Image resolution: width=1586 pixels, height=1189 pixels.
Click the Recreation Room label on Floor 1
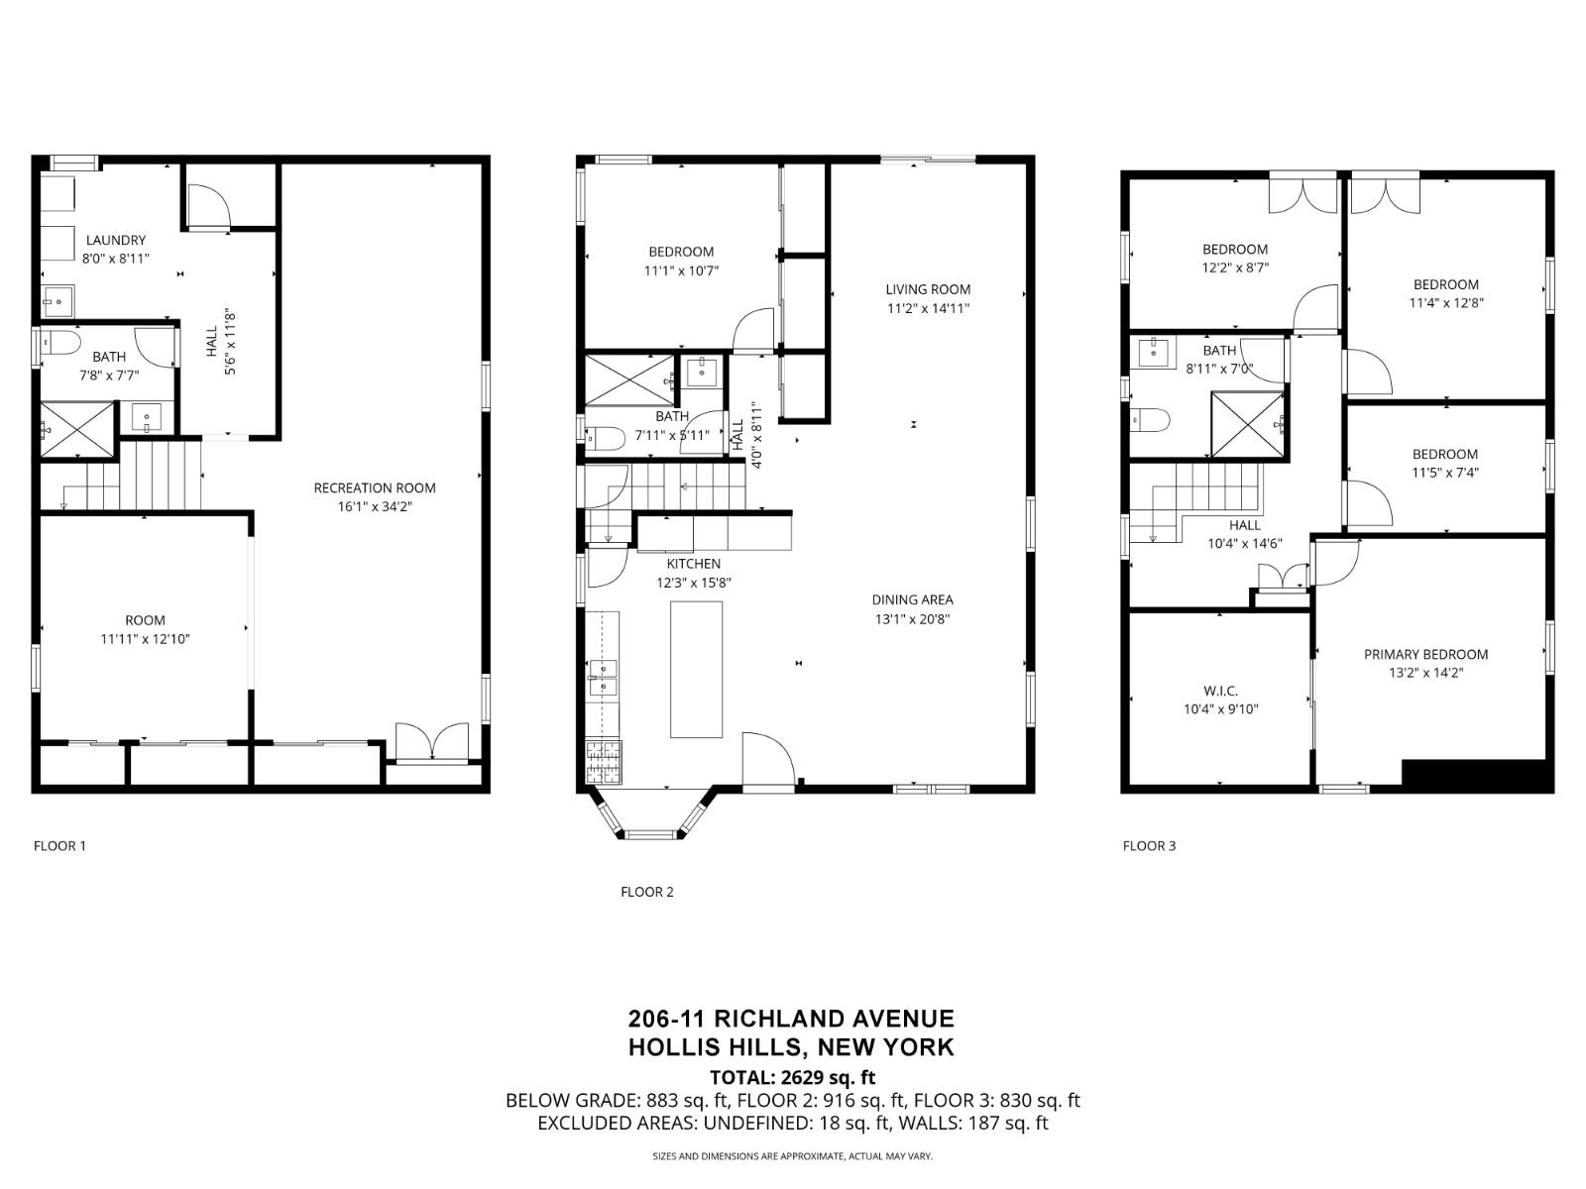click(x=375, y=487)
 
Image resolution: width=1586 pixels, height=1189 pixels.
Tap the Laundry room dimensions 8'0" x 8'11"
click(x=115, y=259)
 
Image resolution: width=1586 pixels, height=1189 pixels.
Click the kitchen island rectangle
click(x=696, y=669)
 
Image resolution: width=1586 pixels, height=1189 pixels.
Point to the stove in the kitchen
click(x=602, y=761)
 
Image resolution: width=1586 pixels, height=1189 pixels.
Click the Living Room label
click(x=928, y=289)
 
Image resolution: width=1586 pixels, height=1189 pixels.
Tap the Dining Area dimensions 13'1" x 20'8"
click(x=912, y=619)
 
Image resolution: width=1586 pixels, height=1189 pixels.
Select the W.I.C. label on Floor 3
click(x=1220, y=691)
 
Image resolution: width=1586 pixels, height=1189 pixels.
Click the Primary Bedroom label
click(x=1425, y=654)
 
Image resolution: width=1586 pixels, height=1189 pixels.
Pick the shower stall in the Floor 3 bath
click(x=1247, y=424)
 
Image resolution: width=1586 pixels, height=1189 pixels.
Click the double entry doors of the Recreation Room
click(x=431, y=743)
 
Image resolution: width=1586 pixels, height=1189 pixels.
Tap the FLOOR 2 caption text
click(x=646, y=892)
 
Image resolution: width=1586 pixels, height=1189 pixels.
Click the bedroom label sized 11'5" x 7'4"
click(x=1444, y=454)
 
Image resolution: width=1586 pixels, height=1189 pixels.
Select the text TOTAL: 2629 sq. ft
click(x=792, y=1077)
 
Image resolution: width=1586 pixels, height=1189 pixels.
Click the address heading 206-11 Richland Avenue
click(x=791, y=1019)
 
